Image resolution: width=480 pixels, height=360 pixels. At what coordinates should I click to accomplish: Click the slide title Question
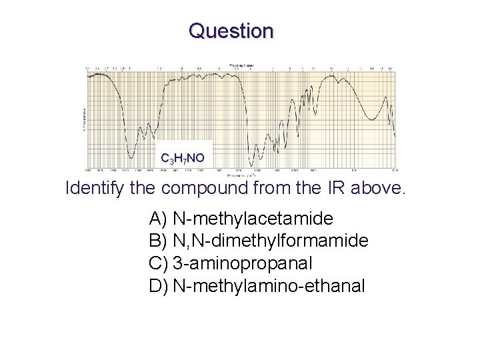click(231, 31)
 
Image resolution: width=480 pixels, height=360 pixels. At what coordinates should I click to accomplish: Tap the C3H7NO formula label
click(183, 158)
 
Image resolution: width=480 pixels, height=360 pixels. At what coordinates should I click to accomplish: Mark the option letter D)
click(159, 286)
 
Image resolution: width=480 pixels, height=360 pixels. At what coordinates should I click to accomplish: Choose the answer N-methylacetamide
click(253, 219)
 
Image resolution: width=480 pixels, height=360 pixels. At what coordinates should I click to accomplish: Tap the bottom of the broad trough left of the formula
click(131, 157)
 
